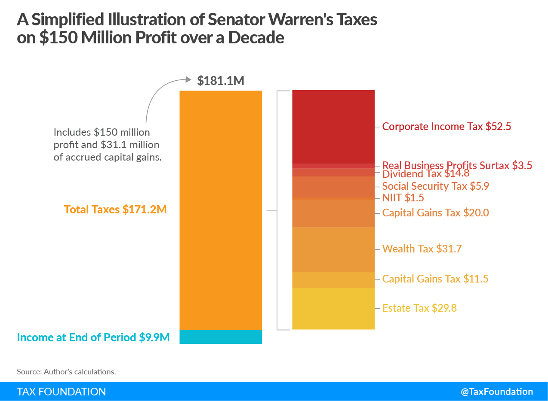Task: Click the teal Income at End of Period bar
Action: [x=220, y=337]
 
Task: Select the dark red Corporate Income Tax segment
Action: [x=333, y=127]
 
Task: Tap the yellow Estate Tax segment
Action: [x=333, y=308]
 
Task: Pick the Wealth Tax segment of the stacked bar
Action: [x=333, y=249]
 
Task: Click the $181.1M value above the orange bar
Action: [x=221, y=81]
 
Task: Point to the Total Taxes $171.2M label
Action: [x=115, y=210]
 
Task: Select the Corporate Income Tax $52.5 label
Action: [x=446, y=127]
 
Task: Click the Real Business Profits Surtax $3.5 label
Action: [x=457, y=165]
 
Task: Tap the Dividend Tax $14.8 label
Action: [x=425, y=174]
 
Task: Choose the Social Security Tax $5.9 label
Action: [x=435, y=186]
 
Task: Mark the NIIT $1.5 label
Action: [x=403, y=198]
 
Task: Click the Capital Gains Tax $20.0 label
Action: [x=435, y=213]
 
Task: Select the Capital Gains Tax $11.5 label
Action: [x=435, y=279]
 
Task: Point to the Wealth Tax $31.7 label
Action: [x=422, y=249]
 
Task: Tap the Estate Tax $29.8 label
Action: [x=419, y=308]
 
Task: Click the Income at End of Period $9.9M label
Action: [x=93, y=337]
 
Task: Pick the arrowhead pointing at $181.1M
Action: [x=188, y=79]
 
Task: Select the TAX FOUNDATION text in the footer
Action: [x=62, y=392]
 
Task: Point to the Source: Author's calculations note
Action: [x=66, y=372]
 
